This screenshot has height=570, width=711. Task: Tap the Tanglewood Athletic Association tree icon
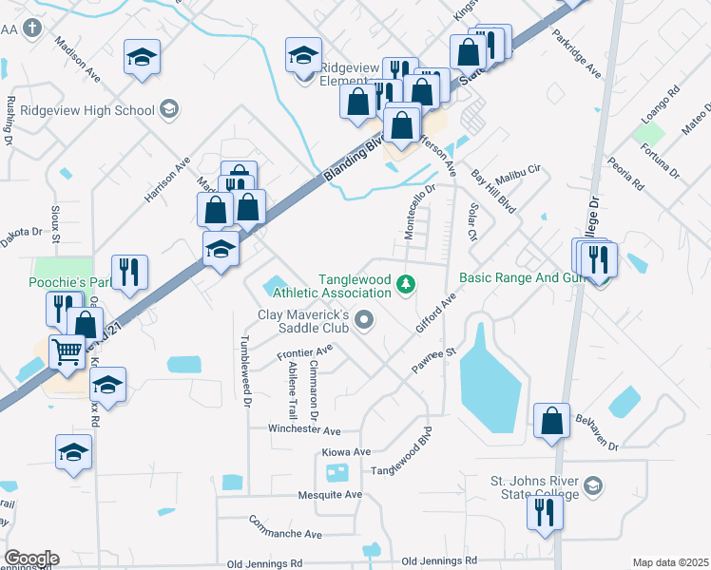pos(406,283)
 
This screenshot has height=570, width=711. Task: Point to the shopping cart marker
pos(67,352)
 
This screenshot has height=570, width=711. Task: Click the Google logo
pos(31,559)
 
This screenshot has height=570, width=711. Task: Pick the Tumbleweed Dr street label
pos(245,371)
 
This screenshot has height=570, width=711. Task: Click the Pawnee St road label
pos(435,360)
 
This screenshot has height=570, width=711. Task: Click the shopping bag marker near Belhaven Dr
pos(551,421)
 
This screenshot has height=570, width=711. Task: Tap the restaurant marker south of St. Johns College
pos(545,513)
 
